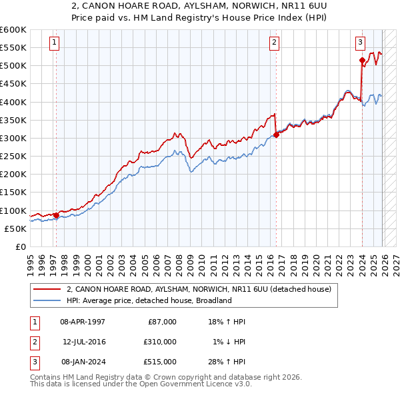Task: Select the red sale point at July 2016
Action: coord(275,135)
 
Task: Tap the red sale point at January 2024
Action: coord(362,61)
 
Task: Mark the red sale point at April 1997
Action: coord(56,215)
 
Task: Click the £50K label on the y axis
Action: coord(16,228)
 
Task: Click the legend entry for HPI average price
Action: coord(148,300)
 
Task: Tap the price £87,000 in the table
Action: coord(161,321)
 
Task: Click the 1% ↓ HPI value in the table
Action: coord(229,341)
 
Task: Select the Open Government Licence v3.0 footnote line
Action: coord(131,384)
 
